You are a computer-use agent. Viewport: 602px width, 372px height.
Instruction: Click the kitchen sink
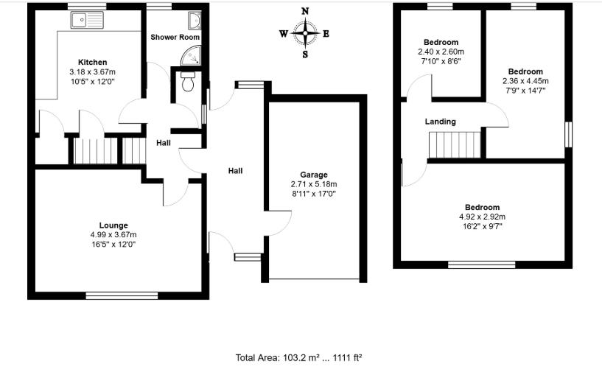coord(87,20)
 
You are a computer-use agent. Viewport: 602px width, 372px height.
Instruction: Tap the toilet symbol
coord(188,81)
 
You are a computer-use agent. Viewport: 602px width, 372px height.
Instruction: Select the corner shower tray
coord(191,56)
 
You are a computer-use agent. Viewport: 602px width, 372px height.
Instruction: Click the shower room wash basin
coord(195,21)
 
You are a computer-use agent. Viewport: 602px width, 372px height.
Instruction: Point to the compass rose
coord(305,33)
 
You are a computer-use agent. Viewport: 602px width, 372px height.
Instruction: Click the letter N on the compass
coord(305,11)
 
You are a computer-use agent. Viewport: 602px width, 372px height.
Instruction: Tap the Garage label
coord(314,175)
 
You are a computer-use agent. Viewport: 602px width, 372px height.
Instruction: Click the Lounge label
coord(113,225)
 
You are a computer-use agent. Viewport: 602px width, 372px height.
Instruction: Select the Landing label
coord(441,122)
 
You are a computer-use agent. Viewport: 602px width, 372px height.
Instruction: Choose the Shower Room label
coord(175,38)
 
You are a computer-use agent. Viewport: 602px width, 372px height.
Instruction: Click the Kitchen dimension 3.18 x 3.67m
coord(93,71)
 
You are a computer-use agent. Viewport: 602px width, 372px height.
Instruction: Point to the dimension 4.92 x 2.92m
coord(482,217)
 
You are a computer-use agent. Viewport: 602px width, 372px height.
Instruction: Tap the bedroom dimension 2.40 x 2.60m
coord(441,52)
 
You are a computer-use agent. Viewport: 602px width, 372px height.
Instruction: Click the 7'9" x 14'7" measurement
coord(525,91)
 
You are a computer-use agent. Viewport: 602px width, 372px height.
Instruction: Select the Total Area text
coord(298,358)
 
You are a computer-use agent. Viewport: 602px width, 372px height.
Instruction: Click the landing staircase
coord(455,144)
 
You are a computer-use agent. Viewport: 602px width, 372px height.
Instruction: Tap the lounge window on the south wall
coord(122,295)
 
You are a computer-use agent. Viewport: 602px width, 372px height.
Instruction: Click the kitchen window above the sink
coord(87,7)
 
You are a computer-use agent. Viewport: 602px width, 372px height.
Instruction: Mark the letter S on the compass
coord(305,55)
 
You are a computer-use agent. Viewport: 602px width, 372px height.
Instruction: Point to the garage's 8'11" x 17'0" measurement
coord(314,194)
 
